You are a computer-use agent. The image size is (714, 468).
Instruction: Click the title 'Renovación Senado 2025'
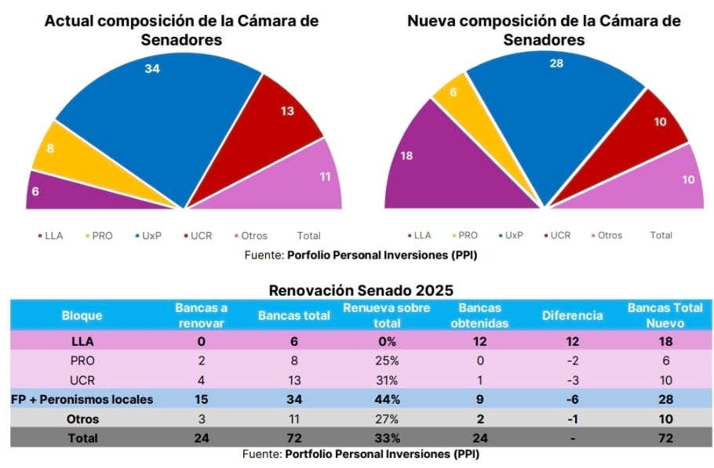(x=361, y=291)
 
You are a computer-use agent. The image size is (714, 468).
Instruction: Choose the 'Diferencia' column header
(x=572, y=315)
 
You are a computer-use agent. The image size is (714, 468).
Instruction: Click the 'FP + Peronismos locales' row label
(x=82, y=399)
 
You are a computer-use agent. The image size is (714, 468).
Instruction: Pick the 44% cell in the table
(x=386, y=399)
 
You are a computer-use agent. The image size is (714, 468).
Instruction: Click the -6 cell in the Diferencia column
(x=572, y=399)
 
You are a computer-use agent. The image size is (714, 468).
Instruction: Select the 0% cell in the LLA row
(x=386, y=341)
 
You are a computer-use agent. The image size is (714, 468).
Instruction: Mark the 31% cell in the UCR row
(x=386, y=380)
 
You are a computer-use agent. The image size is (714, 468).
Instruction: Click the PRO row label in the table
(x=82, y=361)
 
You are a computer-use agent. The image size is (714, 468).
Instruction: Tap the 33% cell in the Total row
(x=386, y=438)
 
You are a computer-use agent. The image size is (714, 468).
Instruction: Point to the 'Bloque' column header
(x=82, y=315)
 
